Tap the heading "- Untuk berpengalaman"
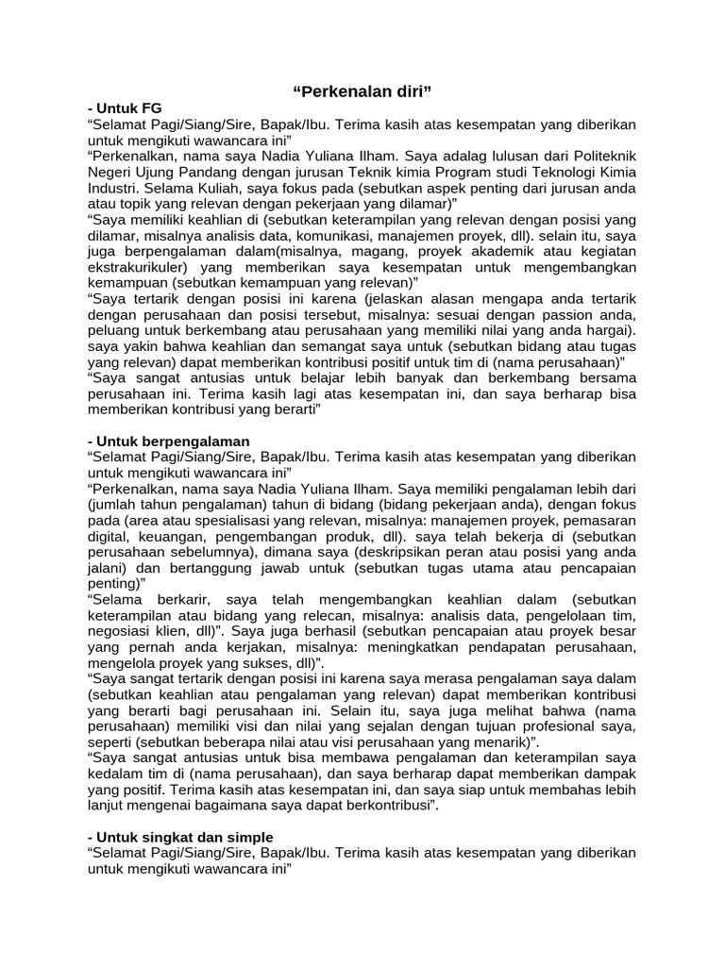click(x=168, y=441)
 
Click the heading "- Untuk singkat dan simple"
click(x=179, y=837)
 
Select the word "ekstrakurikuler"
click(x=135, y=267)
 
